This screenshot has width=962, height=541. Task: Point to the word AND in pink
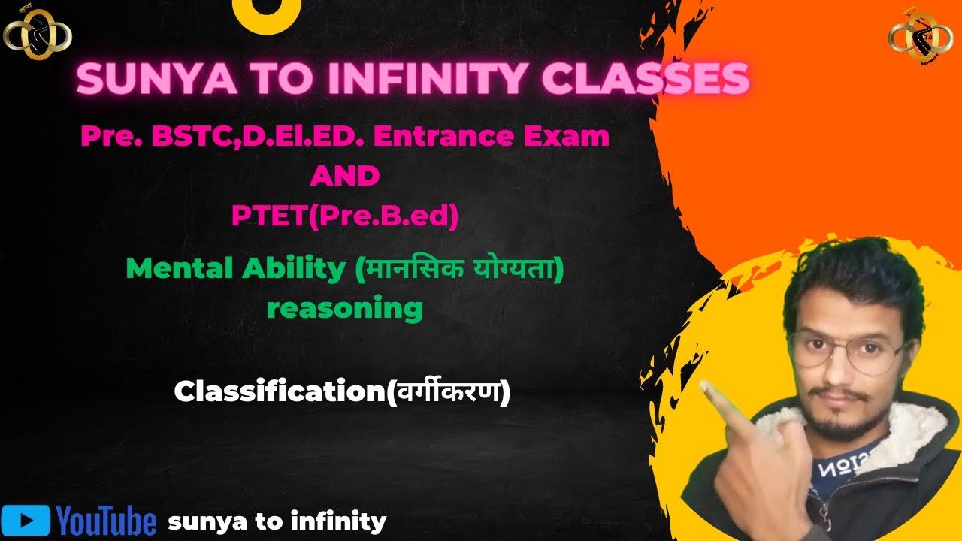click(x=345, y=177)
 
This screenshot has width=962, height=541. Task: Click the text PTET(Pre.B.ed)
click(x=345, y=216)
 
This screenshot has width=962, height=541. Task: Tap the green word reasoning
click(x=345, y=308)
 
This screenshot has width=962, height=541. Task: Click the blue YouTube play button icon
click(x=26, y=520)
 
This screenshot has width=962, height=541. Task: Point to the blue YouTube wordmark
click(x=106, y=521)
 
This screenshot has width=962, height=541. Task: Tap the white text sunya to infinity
click(x=277, y=521)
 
